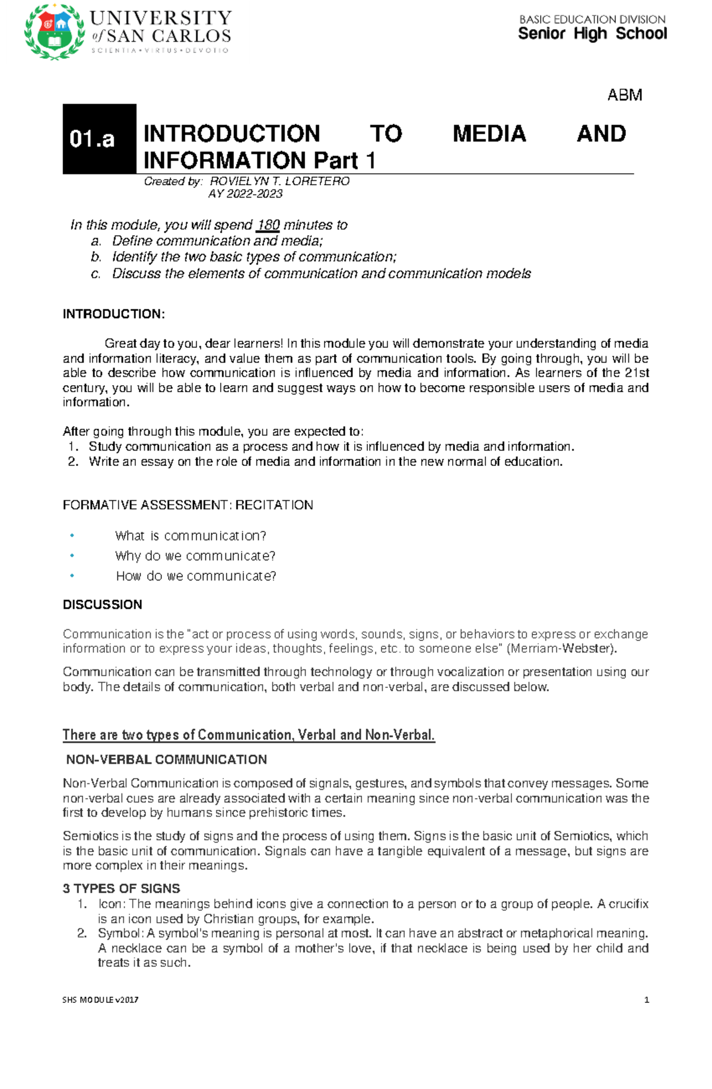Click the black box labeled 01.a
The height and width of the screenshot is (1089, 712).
coord(99,139)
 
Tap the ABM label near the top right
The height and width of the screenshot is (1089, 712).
coord(624,95)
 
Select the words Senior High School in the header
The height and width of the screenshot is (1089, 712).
coord(592,34)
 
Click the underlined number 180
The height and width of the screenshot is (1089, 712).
coord(268,225)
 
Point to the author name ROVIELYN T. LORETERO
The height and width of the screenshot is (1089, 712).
coord(279,181)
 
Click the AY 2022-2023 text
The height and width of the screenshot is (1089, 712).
coord(245,194)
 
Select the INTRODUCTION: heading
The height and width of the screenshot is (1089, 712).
coord(113,314)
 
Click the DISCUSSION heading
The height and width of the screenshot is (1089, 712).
coord(102,605)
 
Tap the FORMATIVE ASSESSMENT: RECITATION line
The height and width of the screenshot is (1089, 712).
coord(187,505)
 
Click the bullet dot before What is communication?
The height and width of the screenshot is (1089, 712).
coord(72,535)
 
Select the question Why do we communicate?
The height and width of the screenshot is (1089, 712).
coord(195,556)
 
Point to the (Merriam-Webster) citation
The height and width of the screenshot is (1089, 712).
coord(561,649)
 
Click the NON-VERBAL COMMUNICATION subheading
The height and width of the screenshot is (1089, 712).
coord(166,760)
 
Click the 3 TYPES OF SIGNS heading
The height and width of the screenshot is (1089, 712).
coord(121,888)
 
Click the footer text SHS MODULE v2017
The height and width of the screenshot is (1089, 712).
coord(100,1000)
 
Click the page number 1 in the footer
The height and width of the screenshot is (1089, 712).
coord(646,1000)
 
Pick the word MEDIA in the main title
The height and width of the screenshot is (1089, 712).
coord(489,134)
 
